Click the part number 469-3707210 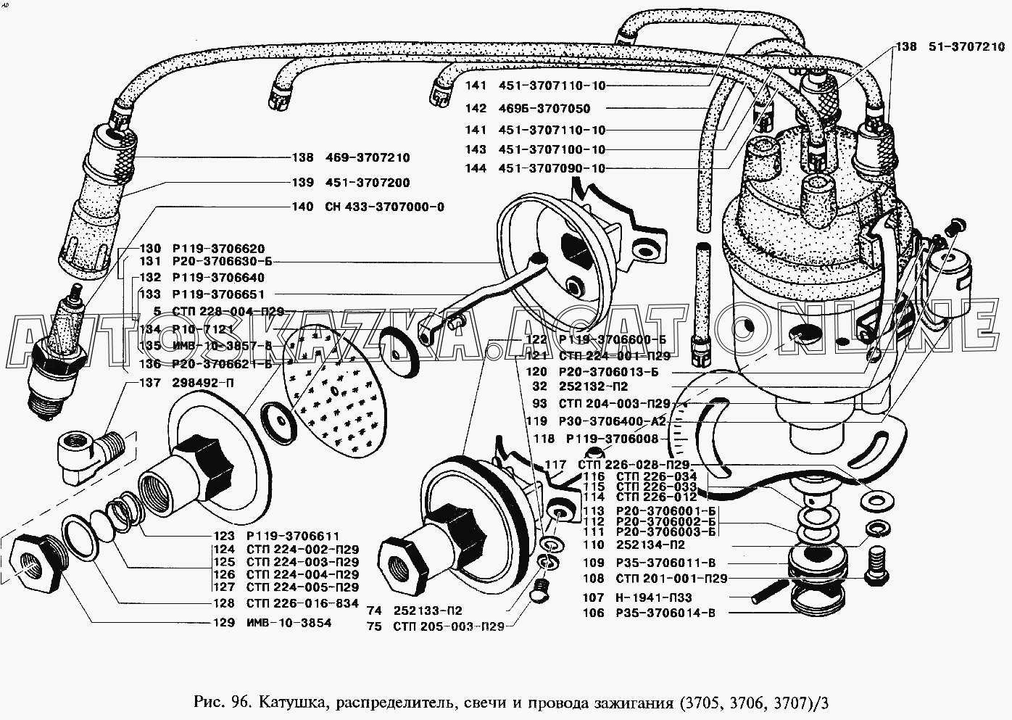(x=363, y=158)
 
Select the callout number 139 (x=303, y=183)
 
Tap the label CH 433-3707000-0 (x=380, y=207)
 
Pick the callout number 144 (x=476, y=169)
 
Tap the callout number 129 (x=224, y=623)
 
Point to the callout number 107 (x=593, y=597)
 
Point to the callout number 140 (x=303, y=207)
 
